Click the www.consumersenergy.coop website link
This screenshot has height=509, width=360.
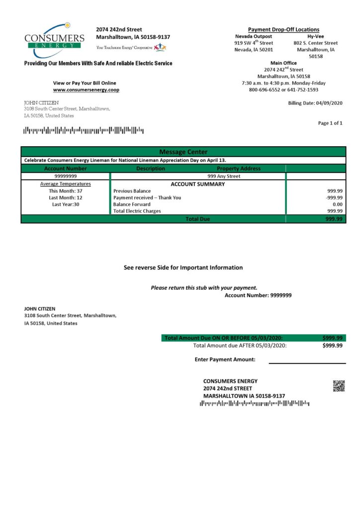pos(86,90)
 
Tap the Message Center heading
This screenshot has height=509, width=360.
pos(183,152)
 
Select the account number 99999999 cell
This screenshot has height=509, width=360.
pos(65,176)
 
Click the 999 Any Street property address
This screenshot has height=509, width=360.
pos(224,176)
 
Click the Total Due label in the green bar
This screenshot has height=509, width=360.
pos(197,219)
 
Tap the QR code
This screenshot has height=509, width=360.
pos(339,386)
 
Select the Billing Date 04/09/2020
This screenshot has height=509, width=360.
pos(315,103)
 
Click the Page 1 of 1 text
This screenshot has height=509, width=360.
pos(330,123)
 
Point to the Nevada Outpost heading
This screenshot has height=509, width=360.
pos(253,36)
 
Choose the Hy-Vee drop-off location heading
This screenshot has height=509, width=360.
pos(316,36)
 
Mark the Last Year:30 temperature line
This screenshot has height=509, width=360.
pos(66,204)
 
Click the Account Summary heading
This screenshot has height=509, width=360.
pos(197,184)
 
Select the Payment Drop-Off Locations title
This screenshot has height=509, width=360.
pos(283,29)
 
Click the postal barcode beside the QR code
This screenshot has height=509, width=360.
pos(254,403)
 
